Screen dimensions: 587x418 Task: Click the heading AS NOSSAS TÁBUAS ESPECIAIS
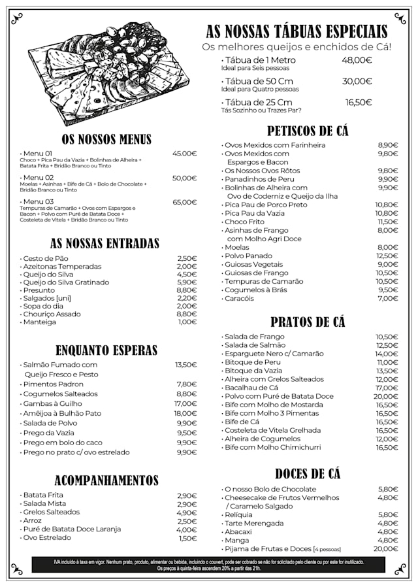297,31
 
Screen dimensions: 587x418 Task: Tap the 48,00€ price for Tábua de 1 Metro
357,60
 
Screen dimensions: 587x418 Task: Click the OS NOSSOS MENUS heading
106,139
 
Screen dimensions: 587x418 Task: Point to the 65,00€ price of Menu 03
184,202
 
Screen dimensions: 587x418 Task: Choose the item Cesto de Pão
46,258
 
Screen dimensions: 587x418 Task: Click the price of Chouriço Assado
186,314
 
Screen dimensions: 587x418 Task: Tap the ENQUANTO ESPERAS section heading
106,350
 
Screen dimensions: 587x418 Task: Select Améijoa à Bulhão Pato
62,413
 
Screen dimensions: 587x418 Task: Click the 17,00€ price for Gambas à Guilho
185,404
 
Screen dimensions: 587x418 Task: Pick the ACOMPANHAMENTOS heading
106,480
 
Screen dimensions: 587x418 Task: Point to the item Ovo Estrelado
46,538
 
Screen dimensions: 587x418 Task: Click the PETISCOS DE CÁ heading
308,131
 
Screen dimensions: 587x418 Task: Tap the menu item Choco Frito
244,222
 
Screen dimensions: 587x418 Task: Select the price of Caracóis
387,298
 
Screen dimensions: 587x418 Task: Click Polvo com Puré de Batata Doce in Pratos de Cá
279,396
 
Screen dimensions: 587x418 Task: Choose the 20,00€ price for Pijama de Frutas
386,549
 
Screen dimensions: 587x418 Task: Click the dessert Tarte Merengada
254,523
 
